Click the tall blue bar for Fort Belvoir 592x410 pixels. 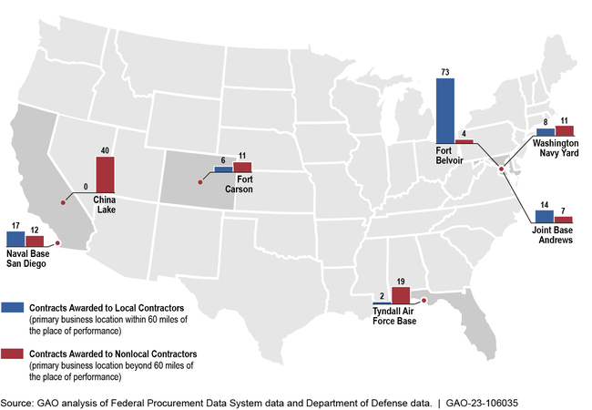point(444,110)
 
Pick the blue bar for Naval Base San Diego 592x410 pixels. point(15,236)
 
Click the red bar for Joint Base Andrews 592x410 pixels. point(564,220)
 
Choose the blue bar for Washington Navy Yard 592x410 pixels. point(546,132)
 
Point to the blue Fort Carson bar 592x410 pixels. point(223,169)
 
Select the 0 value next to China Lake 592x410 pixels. point(85,187)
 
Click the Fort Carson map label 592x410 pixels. point(240,185)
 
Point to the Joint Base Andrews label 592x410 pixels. point(554,236)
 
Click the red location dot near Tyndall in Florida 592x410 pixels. point(424,299)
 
